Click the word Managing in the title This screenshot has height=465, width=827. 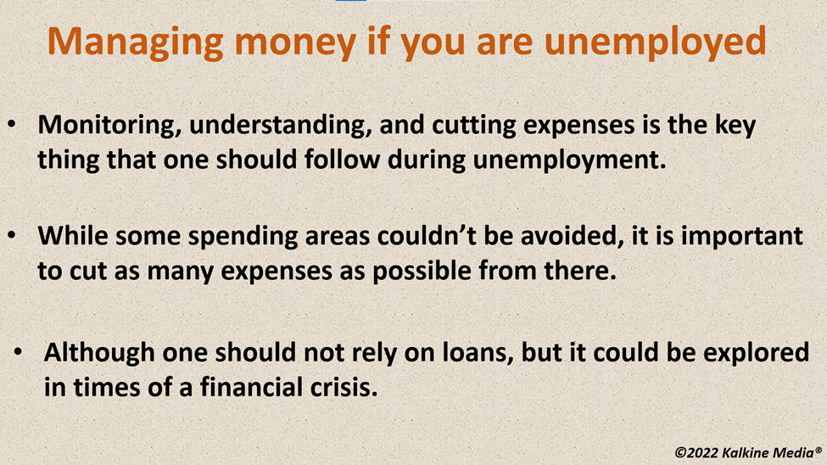136,42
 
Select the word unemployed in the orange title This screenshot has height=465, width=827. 655,42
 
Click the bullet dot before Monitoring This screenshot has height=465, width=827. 12,125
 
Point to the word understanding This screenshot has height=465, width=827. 277,126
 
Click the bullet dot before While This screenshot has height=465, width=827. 12,236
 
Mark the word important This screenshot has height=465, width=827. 742,237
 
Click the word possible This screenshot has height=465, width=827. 422,272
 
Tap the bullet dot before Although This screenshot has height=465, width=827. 19,352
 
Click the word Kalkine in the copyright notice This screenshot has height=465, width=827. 746,453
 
